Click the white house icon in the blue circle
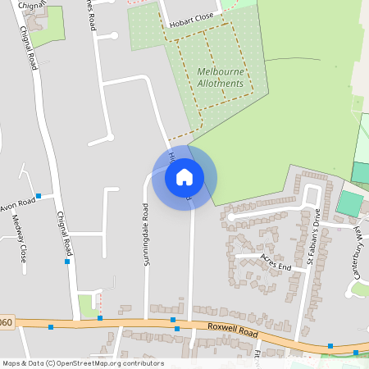tap(184, 176)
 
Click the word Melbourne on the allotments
tap(221, 72)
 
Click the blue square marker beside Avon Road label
tap(39, 197)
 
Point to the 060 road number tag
tap(6, 322)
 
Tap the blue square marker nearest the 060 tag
tap(51, 327)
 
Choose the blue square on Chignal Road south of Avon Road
tap(67, 262)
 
